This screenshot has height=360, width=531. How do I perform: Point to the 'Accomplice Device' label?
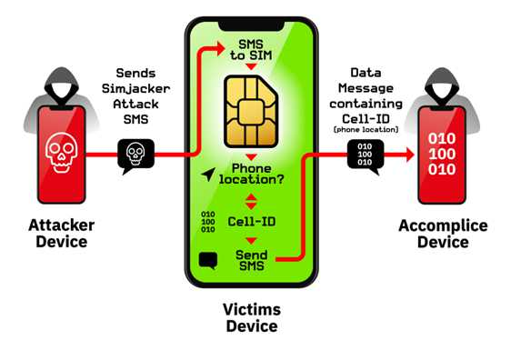pyautogui.click(x=443, y=234)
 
